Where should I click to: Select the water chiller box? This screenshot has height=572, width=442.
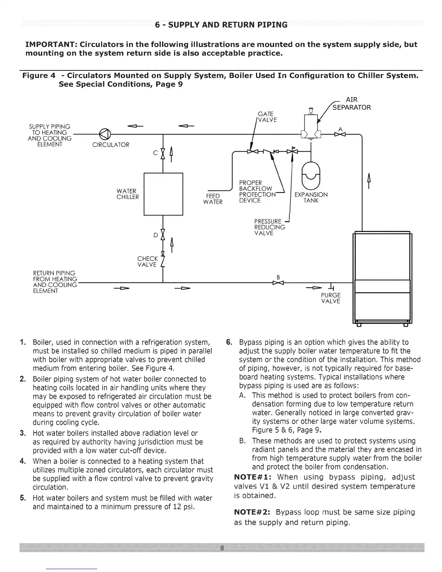click(x=164, y=194)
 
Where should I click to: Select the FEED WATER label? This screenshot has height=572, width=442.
click(x=213, y=199)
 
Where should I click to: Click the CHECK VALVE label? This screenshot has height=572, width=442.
click(x=147, y=262)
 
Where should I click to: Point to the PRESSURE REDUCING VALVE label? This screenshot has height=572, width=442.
click(x=269, y=227)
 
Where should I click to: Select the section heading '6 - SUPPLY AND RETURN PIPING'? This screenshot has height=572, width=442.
click(x=221, y=25)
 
